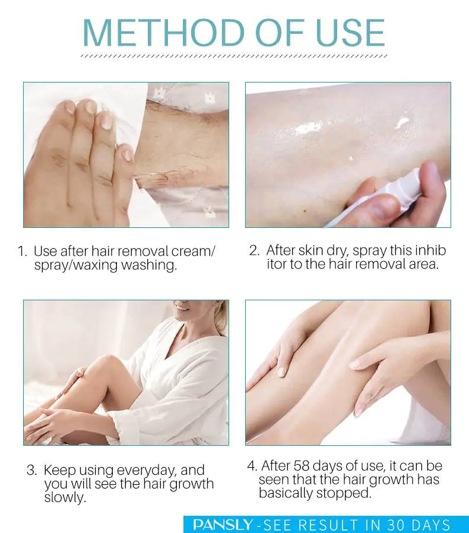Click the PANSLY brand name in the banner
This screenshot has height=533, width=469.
coord(223,525)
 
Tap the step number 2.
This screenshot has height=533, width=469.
coord(254,250)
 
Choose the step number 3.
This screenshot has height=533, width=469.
coord(31,470)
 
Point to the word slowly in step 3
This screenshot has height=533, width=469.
coord(64,497)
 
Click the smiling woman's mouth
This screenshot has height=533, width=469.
coord(182,309)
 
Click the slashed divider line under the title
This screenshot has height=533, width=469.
coord(234,56)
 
